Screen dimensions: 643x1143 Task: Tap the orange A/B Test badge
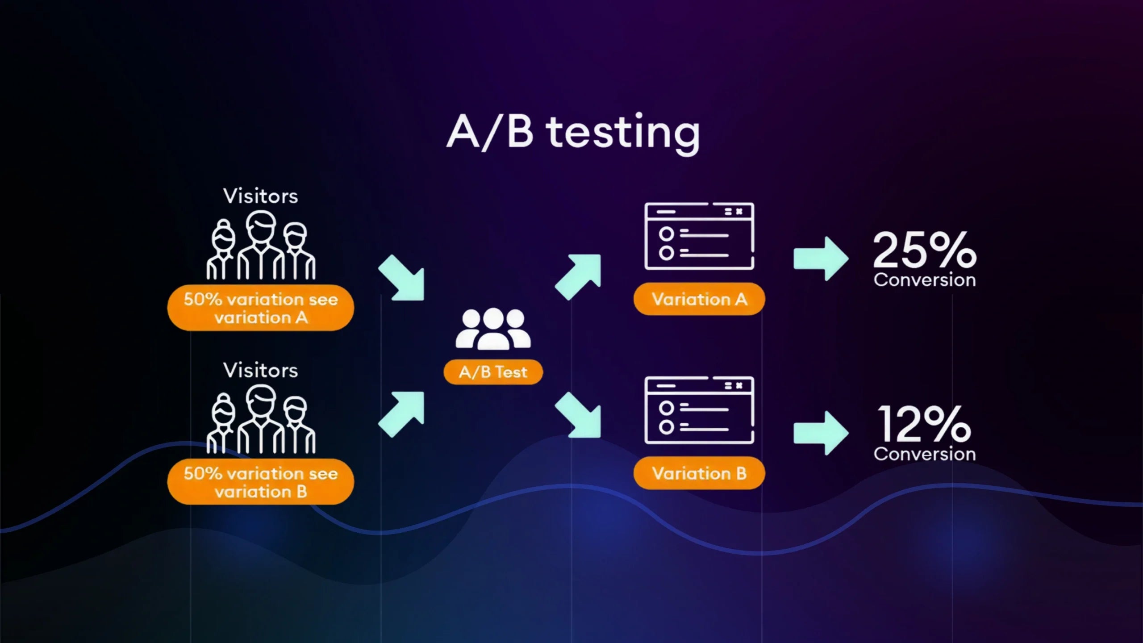(x=493, y=372)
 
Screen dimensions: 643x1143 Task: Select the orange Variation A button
(x=699, y=299)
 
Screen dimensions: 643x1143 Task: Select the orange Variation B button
(x=699, y=473)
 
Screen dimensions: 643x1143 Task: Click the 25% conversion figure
(x=924, y=250)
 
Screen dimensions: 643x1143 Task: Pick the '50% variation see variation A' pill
(x=260, y=308)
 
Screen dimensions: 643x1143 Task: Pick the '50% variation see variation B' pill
(x=260, y=482)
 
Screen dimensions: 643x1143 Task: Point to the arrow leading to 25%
(x=821, y=259)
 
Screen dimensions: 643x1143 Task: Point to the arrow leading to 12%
(x=821, y=433)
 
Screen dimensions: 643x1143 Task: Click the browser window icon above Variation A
(x=699, y=236)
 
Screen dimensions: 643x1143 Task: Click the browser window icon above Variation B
(x=699, y=410)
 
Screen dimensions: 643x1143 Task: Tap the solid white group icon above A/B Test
(x=493, y=329)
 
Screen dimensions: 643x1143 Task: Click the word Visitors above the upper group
(x=260, y=196)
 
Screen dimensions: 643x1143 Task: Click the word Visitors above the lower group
(x=260, y=371)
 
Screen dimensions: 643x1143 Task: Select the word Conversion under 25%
(x=924, y=280)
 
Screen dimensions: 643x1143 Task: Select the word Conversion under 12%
(x=924, y=455)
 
